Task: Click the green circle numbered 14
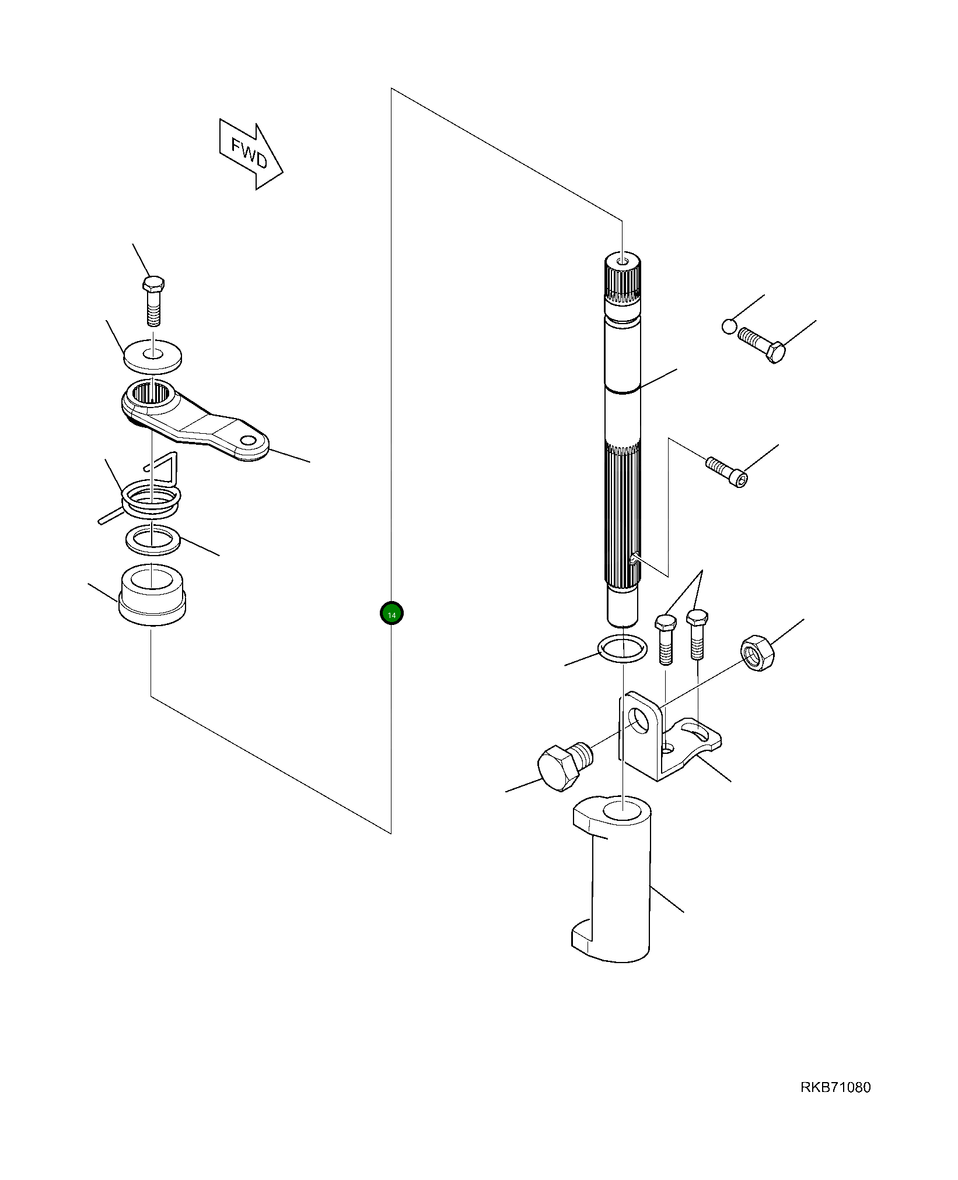(x=391, y=613)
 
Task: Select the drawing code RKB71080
(x=835, y=1087)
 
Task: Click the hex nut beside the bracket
(x=757, y=654)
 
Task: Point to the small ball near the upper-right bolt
(x=729, y=326)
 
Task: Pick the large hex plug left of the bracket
(x=564, y=765)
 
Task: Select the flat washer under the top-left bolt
(x=153, y=355)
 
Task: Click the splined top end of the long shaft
(x=623, y=277)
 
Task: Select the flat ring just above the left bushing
(x=153, y=539)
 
